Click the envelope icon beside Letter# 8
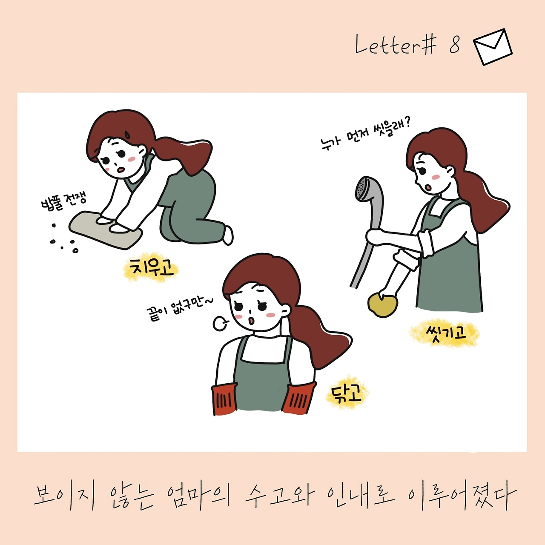[492, 47]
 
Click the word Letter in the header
[387, 44]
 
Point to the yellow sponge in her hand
[383, 305]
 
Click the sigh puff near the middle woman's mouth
[220, 323]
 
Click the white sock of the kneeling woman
[228, 235]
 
